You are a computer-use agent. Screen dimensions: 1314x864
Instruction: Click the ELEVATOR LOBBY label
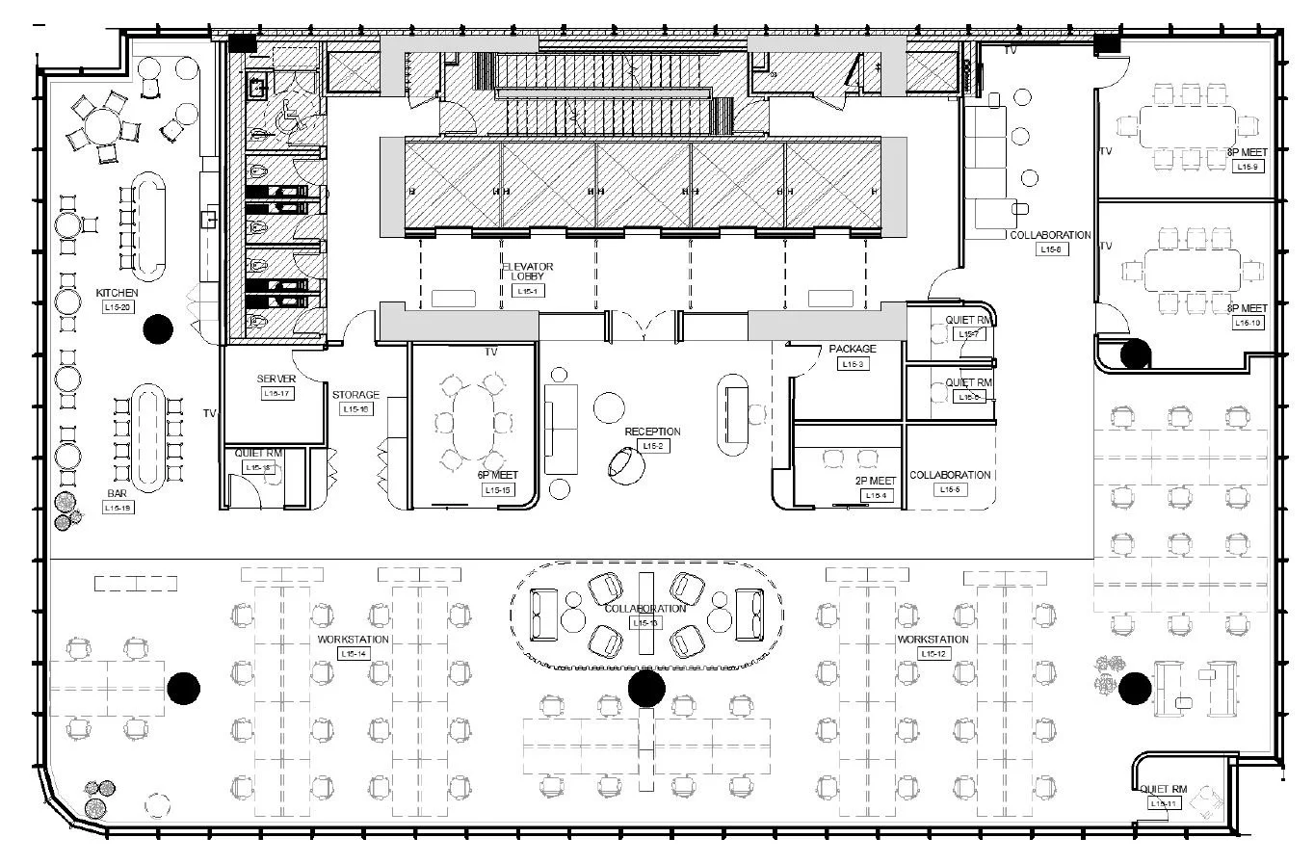click(527, 271)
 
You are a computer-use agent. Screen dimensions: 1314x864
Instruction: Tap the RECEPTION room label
click(652, 432)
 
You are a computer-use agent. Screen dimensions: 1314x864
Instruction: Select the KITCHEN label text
click(117, 293)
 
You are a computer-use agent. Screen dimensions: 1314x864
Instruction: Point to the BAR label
click(117, 493)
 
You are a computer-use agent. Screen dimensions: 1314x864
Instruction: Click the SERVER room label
click(276, 380)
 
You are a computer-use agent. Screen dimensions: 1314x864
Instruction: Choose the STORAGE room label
click(355, 395)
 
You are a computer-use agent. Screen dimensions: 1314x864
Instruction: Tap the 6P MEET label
click(497, 475)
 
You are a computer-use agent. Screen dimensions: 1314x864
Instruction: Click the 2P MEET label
click(875, 481)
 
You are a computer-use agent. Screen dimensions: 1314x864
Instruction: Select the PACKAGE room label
click(853, 349)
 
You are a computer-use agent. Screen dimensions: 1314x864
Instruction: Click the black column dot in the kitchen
click(158, 329)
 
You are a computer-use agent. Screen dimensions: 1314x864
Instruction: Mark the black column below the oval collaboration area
click(646, 689)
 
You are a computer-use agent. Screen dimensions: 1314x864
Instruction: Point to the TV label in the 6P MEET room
click(490, 353)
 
